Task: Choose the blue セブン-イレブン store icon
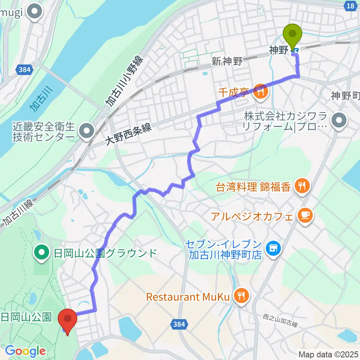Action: (x=273, y=247)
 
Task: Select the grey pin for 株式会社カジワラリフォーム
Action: (x=339, y=120)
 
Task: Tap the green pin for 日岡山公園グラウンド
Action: (x=41, y=252)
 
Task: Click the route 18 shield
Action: (x=349, y=6)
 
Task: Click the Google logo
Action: (x=25, y=351)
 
